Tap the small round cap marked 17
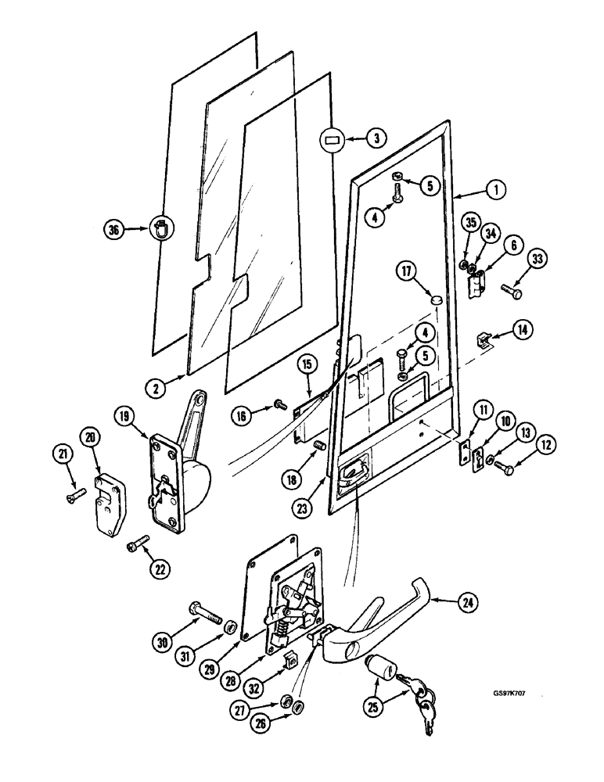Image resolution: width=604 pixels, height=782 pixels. [437, 300]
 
